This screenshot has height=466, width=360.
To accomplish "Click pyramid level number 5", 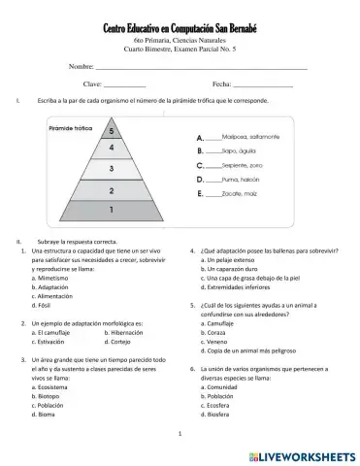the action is point(113,130).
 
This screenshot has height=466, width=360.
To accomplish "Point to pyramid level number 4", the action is point(113,148).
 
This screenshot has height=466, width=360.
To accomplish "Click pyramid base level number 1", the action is point(113,210).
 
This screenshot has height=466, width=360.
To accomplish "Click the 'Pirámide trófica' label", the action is point(70,128).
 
